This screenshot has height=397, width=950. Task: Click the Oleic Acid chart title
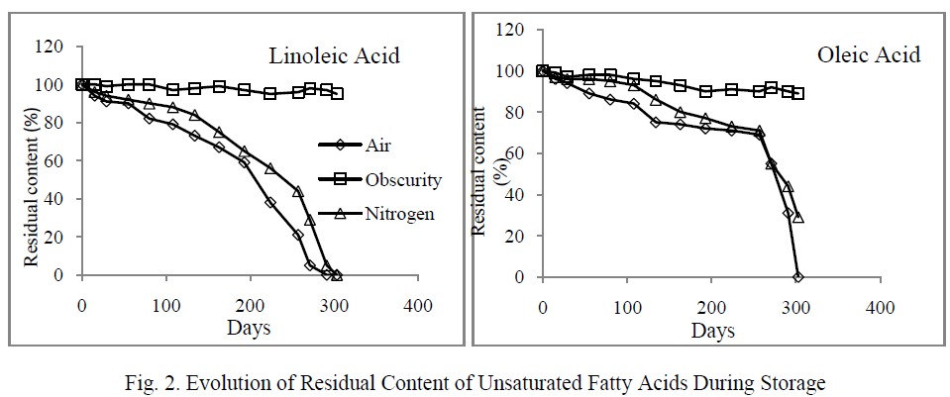click(x=800, y=53)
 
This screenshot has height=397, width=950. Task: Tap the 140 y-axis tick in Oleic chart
click(x=512, y=30)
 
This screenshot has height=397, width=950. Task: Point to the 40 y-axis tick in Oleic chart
click(x=516, y=195)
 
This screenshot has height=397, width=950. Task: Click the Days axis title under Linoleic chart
click(x=249, y=328)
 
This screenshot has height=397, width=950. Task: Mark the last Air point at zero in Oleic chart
click(x=797, y=277)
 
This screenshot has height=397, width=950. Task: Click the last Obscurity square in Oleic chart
click(x=797, y=94)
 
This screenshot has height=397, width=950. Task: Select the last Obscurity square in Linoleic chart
click(x=337, y=93)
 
